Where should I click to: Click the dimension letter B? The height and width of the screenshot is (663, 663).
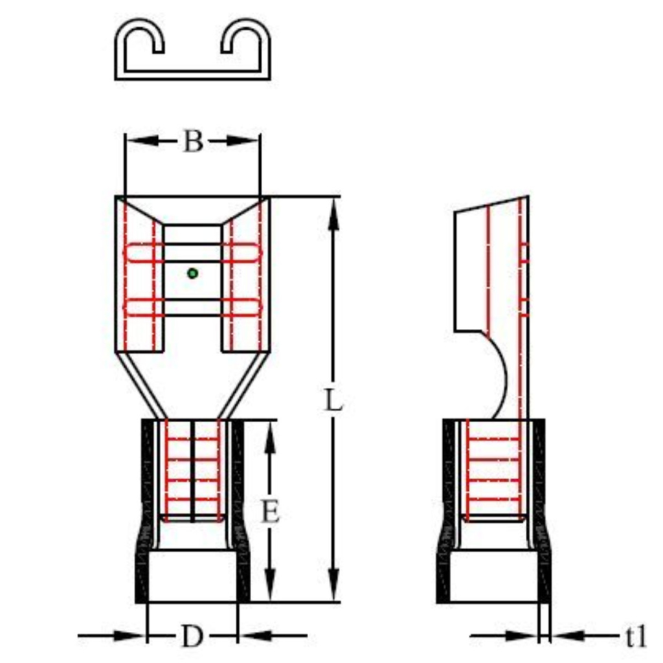pyautogui.click(x=192, y=141)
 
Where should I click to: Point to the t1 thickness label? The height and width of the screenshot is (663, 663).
pyautogui.click(x=636, y=637)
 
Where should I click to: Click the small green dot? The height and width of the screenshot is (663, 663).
pyautogui.click(x=192, y=273)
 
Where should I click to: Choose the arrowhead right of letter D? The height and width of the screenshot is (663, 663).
pyautogui.click(x=253, y=636)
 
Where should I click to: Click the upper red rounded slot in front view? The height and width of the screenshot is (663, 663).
pyautogui.click(x=192, y=253)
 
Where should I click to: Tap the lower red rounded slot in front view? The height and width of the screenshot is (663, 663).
pyautogui.click(x=192, y=307)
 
